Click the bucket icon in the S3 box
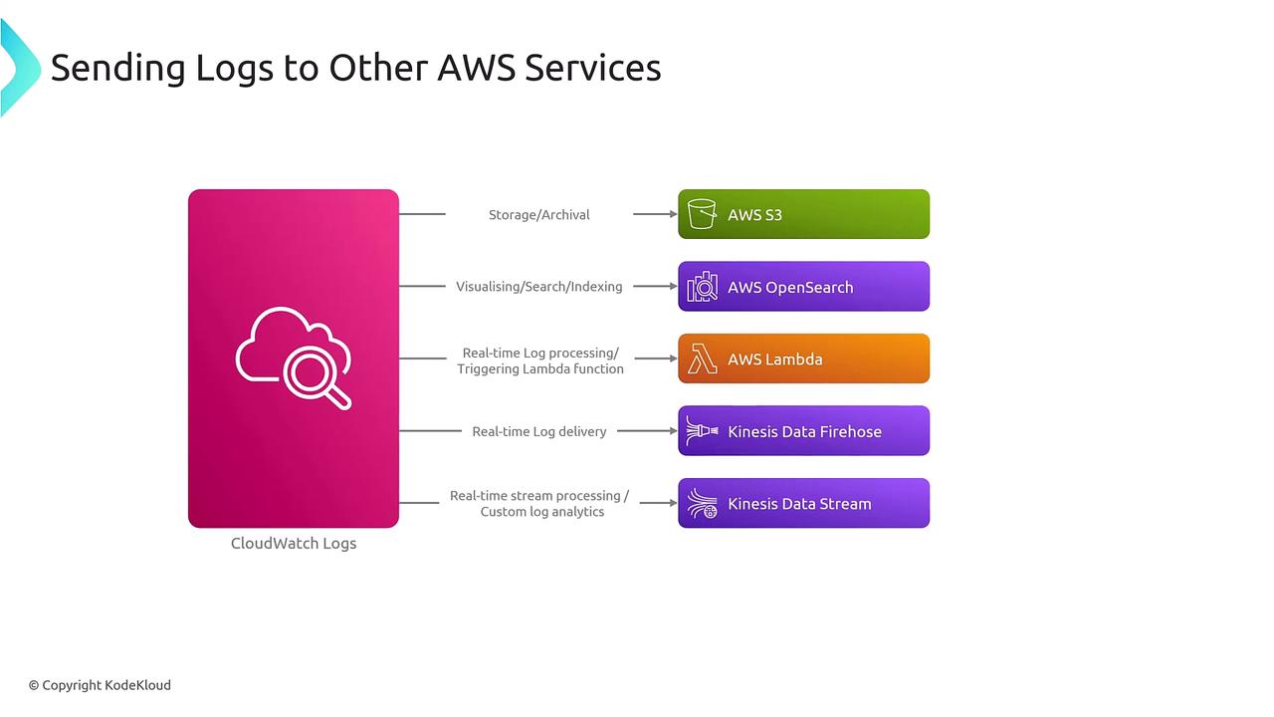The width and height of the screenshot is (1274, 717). tap(702, 214)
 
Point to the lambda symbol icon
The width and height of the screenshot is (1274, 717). tap(702, 358)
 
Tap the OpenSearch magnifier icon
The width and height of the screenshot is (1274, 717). tap(703, 287)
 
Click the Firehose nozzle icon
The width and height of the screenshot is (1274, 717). tap(702, 431)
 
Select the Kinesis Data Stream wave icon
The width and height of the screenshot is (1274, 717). tap(702, 504)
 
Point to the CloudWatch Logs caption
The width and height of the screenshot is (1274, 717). tap(294, 543)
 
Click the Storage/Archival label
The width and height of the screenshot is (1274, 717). tap(538, 214)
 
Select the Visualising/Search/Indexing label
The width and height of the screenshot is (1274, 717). tap(538, 287)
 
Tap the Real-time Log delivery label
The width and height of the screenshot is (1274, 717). tap(538, 431)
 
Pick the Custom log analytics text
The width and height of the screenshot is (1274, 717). tap(541, 512)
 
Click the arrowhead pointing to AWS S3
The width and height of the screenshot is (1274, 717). tap(672, 214)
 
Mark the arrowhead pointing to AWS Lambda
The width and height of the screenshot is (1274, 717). tap(672, 358)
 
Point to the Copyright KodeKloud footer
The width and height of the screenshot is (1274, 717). tap(100, 685)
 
